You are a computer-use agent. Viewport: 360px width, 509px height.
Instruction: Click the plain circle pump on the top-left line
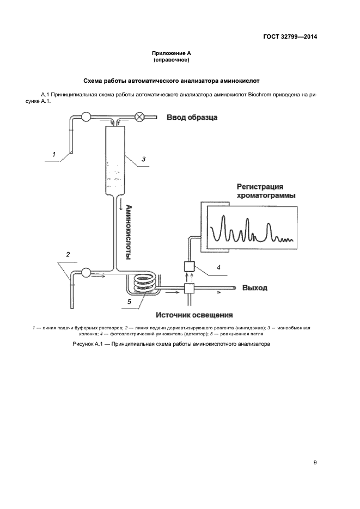pos(86,116)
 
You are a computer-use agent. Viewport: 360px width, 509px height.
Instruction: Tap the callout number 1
pos(54,155)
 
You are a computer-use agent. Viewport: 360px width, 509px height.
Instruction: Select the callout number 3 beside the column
pos(143,159)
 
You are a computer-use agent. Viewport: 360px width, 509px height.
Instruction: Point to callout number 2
pos(68,254)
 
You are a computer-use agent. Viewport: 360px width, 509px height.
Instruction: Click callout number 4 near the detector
pos(218,267)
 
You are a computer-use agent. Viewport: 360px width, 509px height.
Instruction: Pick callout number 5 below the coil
pos(129,301)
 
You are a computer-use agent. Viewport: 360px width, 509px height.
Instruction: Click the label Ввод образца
pos(192,117)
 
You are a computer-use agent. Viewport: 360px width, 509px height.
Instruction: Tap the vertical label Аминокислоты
pos(129,232)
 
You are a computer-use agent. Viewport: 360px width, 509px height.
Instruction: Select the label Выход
pos(254,288)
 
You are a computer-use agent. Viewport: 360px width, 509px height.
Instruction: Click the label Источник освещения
pos(194,315)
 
